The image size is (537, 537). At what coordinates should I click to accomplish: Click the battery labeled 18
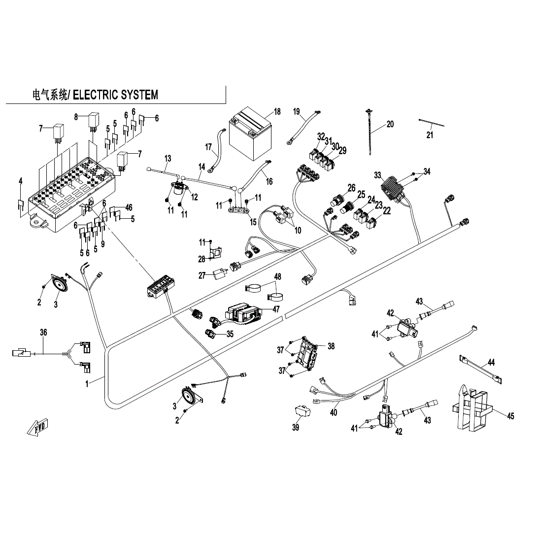250,134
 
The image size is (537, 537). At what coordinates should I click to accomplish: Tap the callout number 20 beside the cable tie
390,124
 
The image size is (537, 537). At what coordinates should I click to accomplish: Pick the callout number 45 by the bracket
510,416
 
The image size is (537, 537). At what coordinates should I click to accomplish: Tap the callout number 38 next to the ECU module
331,346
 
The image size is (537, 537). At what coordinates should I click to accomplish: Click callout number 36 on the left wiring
43,333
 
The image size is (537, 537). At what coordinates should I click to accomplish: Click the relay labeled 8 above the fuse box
94,120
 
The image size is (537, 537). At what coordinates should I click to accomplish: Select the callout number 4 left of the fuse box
20,182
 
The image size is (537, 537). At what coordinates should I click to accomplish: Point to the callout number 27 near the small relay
202,276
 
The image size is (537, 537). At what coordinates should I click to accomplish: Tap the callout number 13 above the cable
168,158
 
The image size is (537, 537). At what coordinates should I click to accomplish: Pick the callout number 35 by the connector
230,334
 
